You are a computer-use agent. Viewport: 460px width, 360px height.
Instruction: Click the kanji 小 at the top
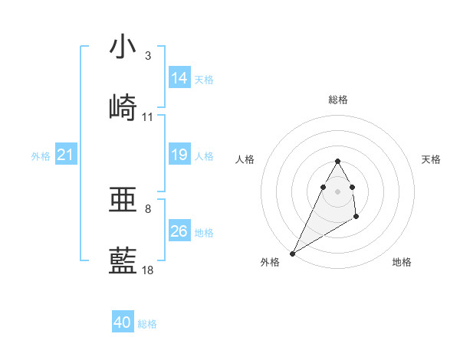[x=123, y=47]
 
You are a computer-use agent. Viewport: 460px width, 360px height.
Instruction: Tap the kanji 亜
[x=123, y=200]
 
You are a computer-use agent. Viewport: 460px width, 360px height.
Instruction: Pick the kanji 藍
[x=123, y=261]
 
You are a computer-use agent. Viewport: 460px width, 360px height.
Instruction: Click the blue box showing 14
[x=179, y=78]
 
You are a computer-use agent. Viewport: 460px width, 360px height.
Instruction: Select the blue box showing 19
[x=179, y=155]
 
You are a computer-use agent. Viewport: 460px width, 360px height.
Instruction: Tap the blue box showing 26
[x=179, y=231]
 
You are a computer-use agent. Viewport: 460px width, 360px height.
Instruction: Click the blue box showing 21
[x=65, y=155]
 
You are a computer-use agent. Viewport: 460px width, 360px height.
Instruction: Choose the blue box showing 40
[x=123, y=322]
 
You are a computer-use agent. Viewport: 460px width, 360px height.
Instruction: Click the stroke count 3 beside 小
[x=148, y=56]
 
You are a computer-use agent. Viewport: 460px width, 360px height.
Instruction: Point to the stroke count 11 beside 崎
[x=148, y=117]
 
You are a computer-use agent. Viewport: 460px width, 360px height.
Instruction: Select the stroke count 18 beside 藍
[x=148, y=270]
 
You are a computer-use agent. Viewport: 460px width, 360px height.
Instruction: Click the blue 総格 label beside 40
[x=148, y=324]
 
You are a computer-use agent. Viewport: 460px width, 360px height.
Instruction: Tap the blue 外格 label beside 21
[x=41, y=156]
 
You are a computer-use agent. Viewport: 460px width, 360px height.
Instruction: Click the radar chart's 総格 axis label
[x=337, y=100]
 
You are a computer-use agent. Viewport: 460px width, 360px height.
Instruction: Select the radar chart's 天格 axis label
[x=432, y=159]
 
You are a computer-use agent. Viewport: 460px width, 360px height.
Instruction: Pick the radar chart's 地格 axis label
[x=402, y=262]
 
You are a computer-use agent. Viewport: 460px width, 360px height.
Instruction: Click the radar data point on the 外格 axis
[x=292, y=253]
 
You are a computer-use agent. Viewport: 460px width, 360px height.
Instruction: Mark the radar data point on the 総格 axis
[x=337, y=162]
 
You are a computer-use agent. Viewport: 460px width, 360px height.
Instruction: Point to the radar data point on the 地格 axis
[x=356, y=218]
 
